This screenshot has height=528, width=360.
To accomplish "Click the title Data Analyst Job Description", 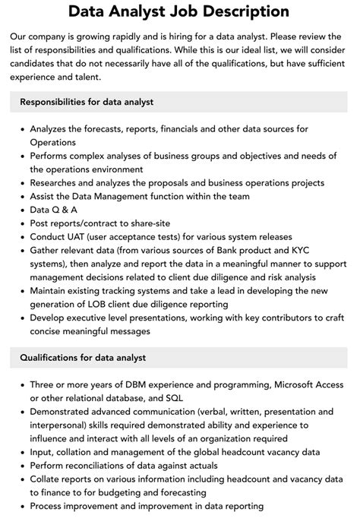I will pyautogui.click(x=178, y=11).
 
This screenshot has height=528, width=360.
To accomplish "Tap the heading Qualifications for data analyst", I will pyautogui.click(x=83, y=357).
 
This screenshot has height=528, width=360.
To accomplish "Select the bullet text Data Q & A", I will pyautogui.click(x=54, y=209).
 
